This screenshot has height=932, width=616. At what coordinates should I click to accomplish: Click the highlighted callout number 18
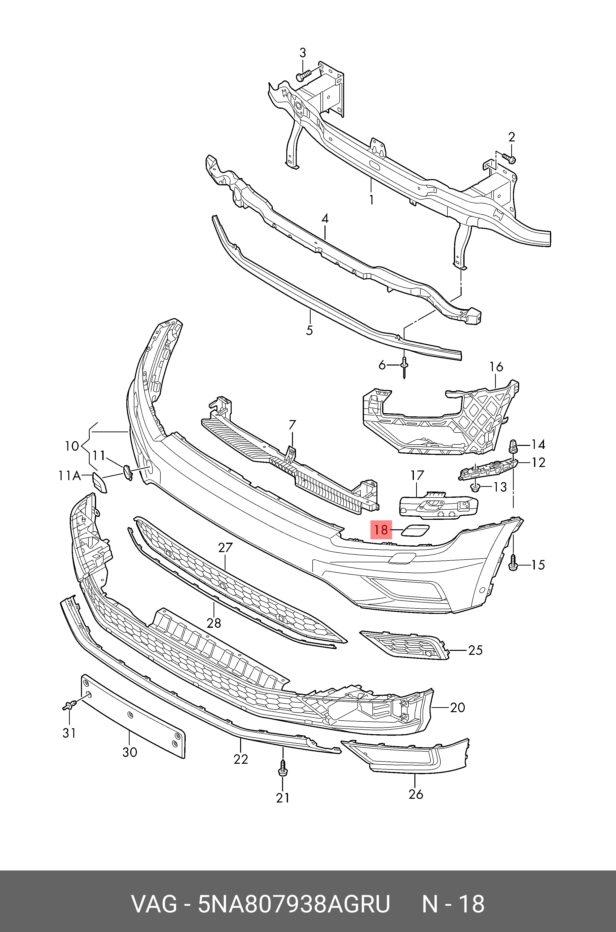381,530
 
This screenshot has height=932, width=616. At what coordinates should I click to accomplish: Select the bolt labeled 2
509,159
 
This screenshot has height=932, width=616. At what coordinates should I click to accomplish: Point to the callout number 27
225,548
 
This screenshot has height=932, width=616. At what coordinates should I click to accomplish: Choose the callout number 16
496,367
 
